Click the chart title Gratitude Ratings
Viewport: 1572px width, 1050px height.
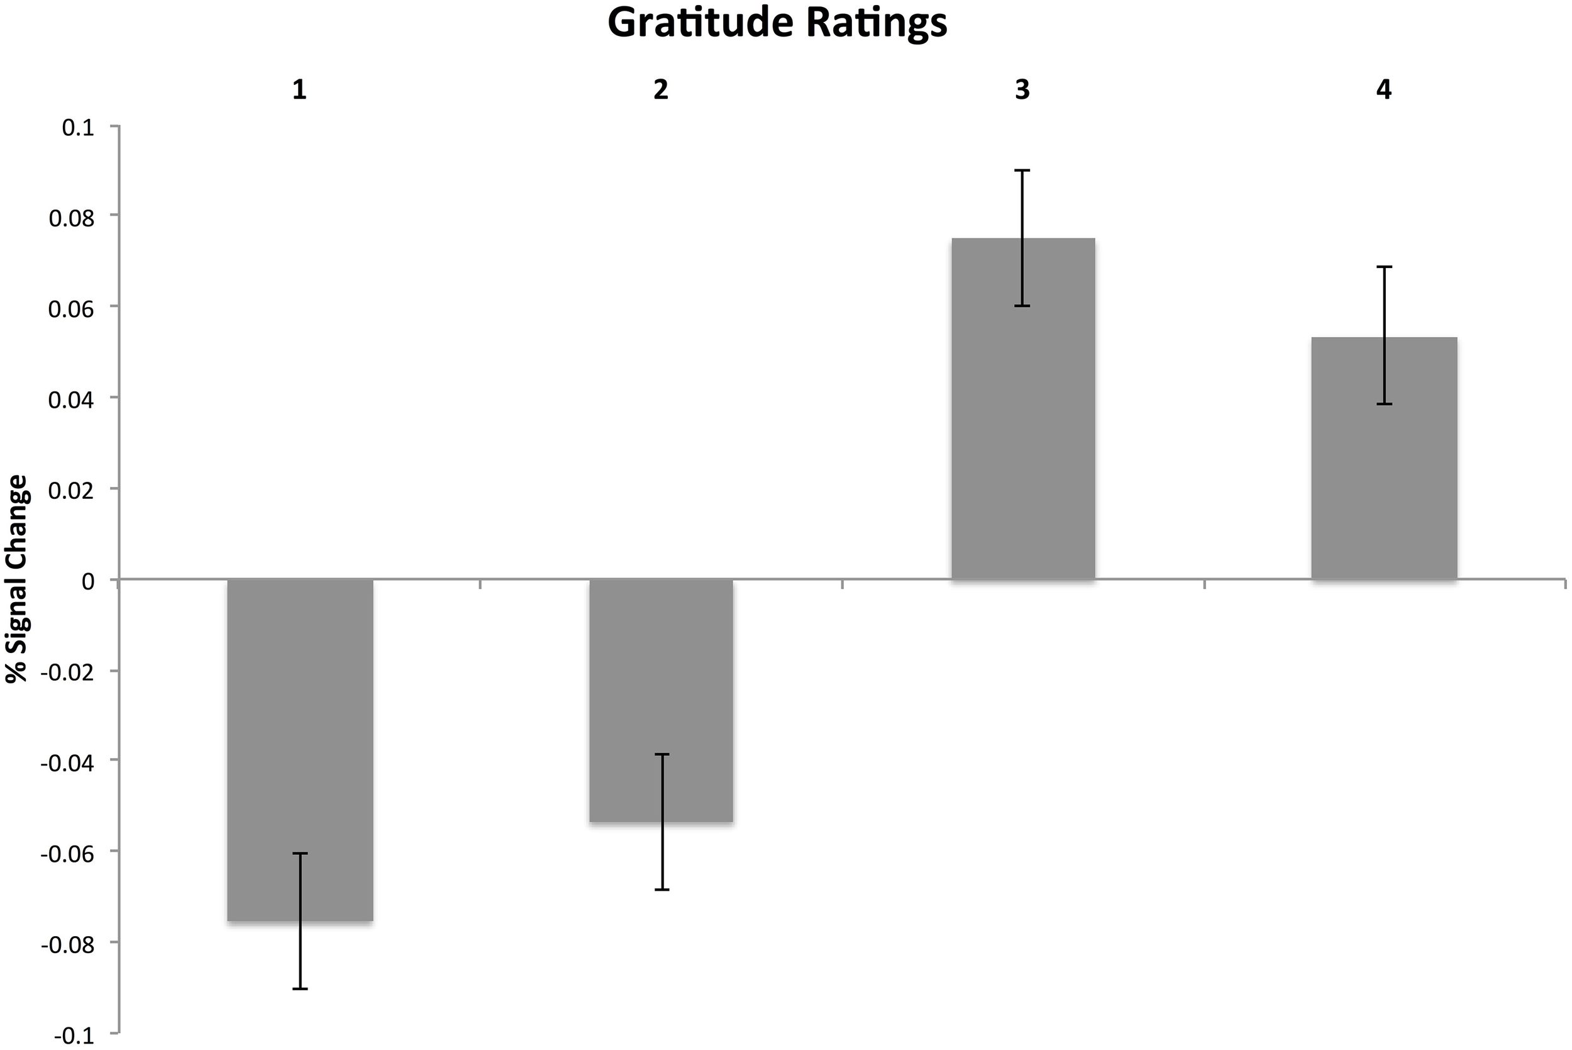[777, 24]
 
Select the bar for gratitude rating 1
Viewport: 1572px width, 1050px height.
[300, 750]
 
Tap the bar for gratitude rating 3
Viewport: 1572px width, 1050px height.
[1022, 408]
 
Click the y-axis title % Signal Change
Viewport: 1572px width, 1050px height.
[18, 579]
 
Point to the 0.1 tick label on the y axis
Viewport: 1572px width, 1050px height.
[79, 127]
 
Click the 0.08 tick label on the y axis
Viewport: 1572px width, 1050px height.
[72, 218]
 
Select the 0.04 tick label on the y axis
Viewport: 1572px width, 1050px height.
[72, 399]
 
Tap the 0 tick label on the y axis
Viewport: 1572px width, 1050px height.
[87, 581]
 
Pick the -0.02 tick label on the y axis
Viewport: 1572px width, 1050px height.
[67, 672]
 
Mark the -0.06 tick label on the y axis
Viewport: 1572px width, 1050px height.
[67, 853]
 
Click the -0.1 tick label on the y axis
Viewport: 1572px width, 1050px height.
[74, 1035]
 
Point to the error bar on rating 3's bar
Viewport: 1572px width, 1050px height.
[1022, 238]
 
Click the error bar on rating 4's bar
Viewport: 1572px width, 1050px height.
[1384, 335]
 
